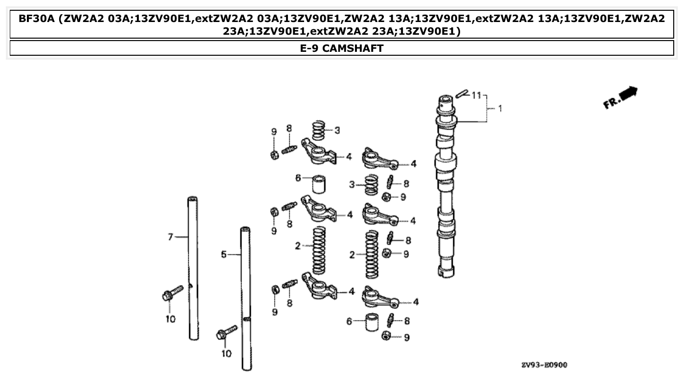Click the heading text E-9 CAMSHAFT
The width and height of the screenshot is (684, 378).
point(342,48)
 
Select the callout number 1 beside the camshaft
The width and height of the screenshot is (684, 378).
point(500,109)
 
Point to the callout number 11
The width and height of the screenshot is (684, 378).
point(477,95)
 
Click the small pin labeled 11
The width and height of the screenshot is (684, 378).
point(462,92)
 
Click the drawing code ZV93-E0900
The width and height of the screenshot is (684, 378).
point(544,365)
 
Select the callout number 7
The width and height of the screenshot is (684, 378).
point(170,237)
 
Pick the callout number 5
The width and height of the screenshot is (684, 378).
point(223,254)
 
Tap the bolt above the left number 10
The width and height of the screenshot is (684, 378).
point(172,292)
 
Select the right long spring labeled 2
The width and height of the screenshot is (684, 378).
point(372,255)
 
